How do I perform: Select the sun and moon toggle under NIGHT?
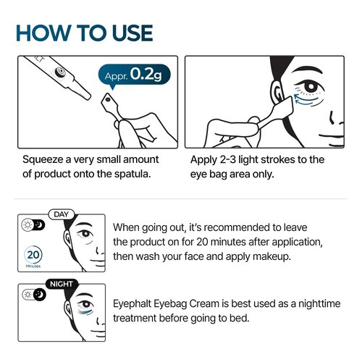click(31, 295)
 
